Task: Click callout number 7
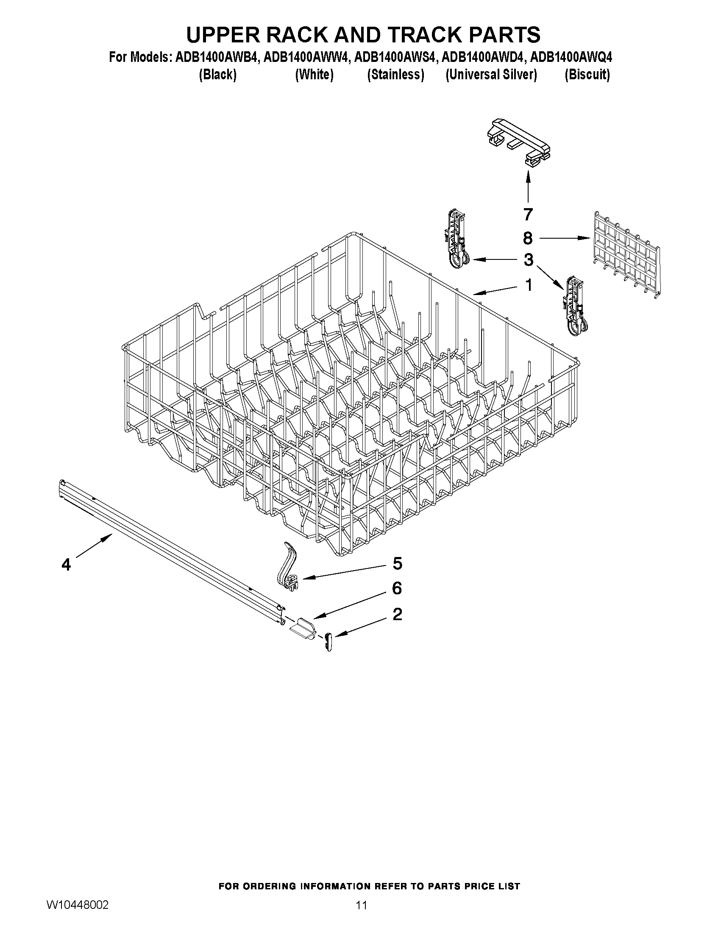(528, 214)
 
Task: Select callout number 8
(528, 238)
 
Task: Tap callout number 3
(529, 259)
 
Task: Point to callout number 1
(529, 285)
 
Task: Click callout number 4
(66, 565)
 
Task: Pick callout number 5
(397, 563)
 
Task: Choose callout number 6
(397, 588)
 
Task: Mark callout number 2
(397, 614)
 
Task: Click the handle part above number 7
(518, 141)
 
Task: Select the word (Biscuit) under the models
(587, 75)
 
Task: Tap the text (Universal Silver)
(491, 75)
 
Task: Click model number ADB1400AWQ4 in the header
(571, 57)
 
